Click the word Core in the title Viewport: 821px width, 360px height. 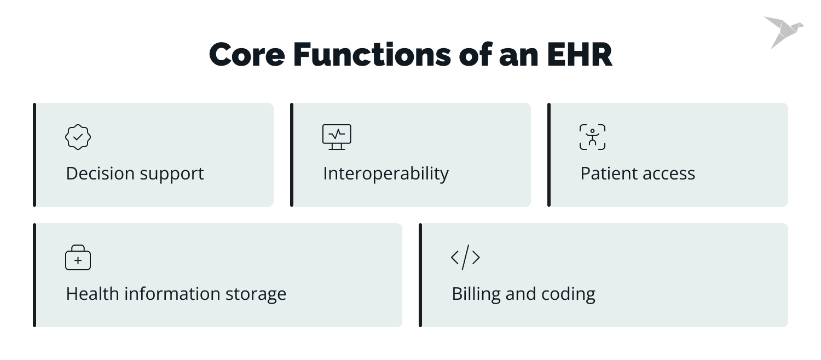pyautogui.click(x=246, y=55)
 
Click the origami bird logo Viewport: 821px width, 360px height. pyautogui.click(x=783, y=31)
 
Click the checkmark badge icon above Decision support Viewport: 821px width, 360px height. pyautogui.click(x=78, y=137)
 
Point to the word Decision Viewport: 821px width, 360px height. pyautogui.click(x=99, y=174)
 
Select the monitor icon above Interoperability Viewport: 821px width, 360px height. pyautogui.click(x=337, y=137)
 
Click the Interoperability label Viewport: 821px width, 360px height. pyautogui.click(x=385, y=174)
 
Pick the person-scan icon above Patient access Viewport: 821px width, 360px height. pyautogui.click(x=592, y=137)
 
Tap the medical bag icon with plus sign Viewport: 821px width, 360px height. pyautogui.click(x=78, y=258)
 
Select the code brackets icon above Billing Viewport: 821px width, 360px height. pyautogui.click(x=465, y=257)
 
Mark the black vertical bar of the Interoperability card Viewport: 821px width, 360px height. pyautogui.click(x=292, y=155)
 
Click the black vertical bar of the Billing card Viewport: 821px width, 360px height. pyautogui.click(x=420, y=275)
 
